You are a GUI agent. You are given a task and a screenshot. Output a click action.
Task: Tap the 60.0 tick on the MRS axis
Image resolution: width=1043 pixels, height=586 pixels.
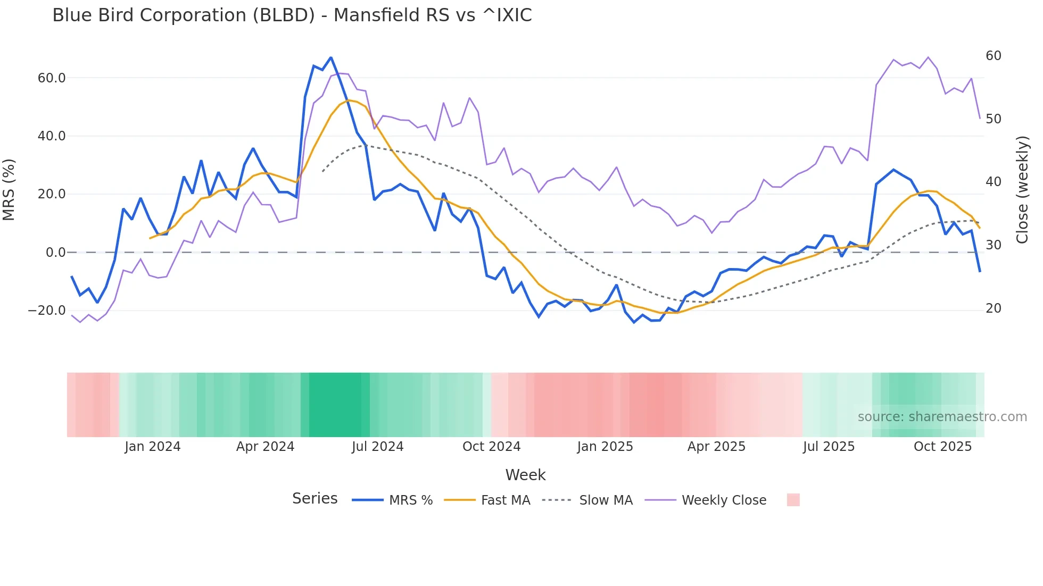[52, 78]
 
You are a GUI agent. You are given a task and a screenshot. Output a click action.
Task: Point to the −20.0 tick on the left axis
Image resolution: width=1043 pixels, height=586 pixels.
[47, 311]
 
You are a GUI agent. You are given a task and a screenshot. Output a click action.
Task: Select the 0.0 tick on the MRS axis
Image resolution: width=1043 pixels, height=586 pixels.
[55, 253]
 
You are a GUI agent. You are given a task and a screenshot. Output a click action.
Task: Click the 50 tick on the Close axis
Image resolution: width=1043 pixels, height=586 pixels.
[993, 119]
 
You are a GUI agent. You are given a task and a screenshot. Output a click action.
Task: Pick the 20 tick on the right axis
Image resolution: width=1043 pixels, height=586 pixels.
[993, 308]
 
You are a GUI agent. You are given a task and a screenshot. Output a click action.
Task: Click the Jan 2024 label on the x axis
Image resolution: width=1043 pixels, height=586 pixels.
[153, 447]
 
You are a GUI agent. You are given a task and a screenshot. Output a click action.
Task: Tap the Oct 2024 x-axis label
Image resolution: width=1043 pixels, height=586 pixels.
[491, 447]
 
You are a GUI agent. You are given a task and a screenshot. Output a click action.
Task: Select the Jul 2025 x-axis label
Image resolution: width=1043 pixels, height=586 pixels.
[829, 447]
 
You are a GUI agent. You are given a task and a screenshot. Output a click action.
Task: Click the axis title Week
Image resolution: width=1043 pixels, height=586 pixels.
[525, 475]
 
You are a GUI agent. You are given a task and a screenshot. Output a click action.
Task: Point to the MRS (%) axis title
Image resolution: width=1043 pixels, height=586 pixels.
[9, 189]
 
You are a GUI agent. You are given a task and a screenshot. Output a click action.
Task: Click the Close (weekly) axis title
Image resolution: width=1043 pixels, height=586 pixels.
[1022, 190]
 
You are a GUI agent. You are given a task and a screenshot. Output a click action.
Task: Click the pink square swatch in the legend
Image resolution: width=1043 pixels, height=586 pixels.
[793, 500]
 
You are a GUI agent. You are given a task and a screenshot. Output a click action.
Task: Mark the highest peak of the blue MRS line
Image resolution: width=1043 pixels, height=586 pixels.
[330, 57]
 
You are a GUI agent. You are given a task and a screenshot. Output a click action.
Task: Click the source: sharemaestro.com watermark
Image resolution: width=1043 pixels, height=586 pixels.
[942, 417]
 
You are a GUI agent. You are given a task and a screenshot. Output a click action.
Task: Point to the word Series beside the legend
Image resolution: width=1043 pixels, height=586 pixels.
[314, 499]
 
